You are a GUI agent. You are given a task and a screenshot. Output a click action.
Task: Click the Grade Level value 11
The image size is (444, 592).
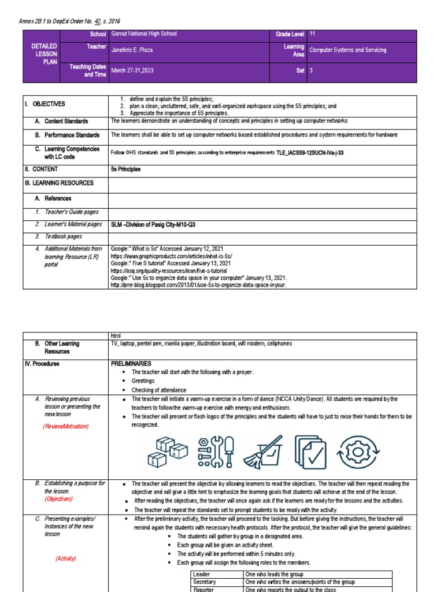(x=313, y=35)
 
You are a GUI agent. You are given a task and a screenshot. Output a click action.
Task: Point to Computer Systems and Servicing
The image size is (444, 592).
(x=347, y=50)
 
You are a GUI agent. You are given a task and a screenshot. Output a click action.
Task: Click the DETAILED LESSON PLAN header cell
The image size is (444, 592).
(x=44, y=53)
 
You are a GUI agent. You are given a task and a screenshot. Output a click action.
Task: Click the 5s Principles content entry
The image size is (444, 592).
(x=125, y=169)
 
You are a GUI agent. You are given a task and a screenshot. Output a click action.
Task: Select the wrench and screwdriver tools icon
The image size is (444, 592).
(x=215, y=451)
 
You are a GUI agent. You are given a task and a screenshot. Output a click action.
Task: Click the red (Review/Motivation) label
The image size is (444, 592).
(x=65, y=427)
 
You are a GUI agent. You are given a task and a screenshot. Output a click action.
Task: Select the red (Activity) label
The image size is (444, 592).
(x=66, y=558)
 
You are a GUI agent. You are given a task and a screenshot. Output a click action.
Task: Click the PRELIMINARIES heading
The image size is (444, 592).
(x=131, y=364)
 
